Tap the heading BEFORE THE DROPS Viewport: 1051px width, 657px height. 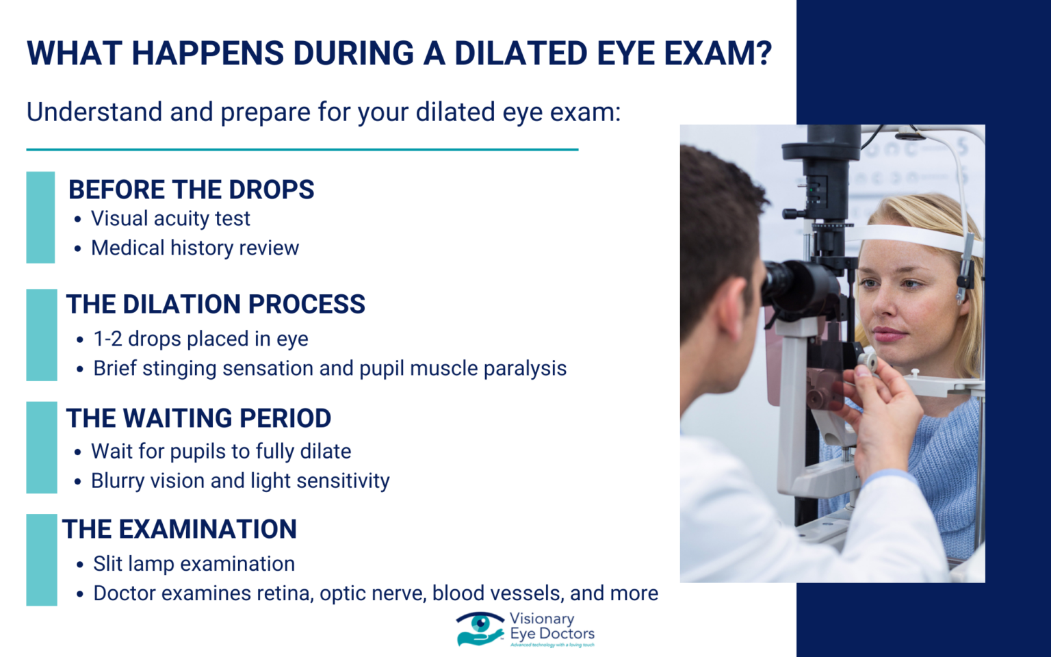coord(191,190)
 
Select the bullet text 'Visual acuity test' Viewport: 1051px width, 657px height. coord(170,218)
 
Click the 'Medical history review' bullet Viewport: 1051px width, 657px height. coord(195,248)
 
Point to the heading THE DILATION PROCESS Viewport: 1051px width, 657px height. coord(216,304)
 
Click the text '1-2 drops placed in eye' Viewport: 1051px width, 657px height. coord(200,339)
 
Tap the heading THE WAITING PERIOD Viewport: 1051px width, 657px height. coord(198,418)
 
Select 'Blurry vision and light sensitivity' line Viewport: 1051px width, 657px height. coord(240,480)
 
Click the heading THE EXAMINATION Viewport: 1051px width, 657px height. coord(179,529)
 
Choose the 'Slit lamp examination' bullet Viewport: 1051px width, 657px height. coord(194,563)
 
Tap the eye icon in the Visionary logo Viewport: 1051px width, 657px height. coord(480,624)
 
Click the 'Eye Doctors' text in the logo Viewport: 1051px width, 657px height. coord(552,634)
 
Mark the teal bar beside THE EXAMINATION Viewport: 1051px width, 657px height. coord(41,560)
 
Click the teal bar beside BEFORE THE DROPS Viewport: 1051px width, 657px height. coord(40,217)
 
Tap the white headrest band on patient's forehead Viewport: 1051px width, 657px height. coord(910,237)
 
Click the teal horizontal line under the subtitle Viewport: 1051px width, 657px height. coord(302,149)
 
